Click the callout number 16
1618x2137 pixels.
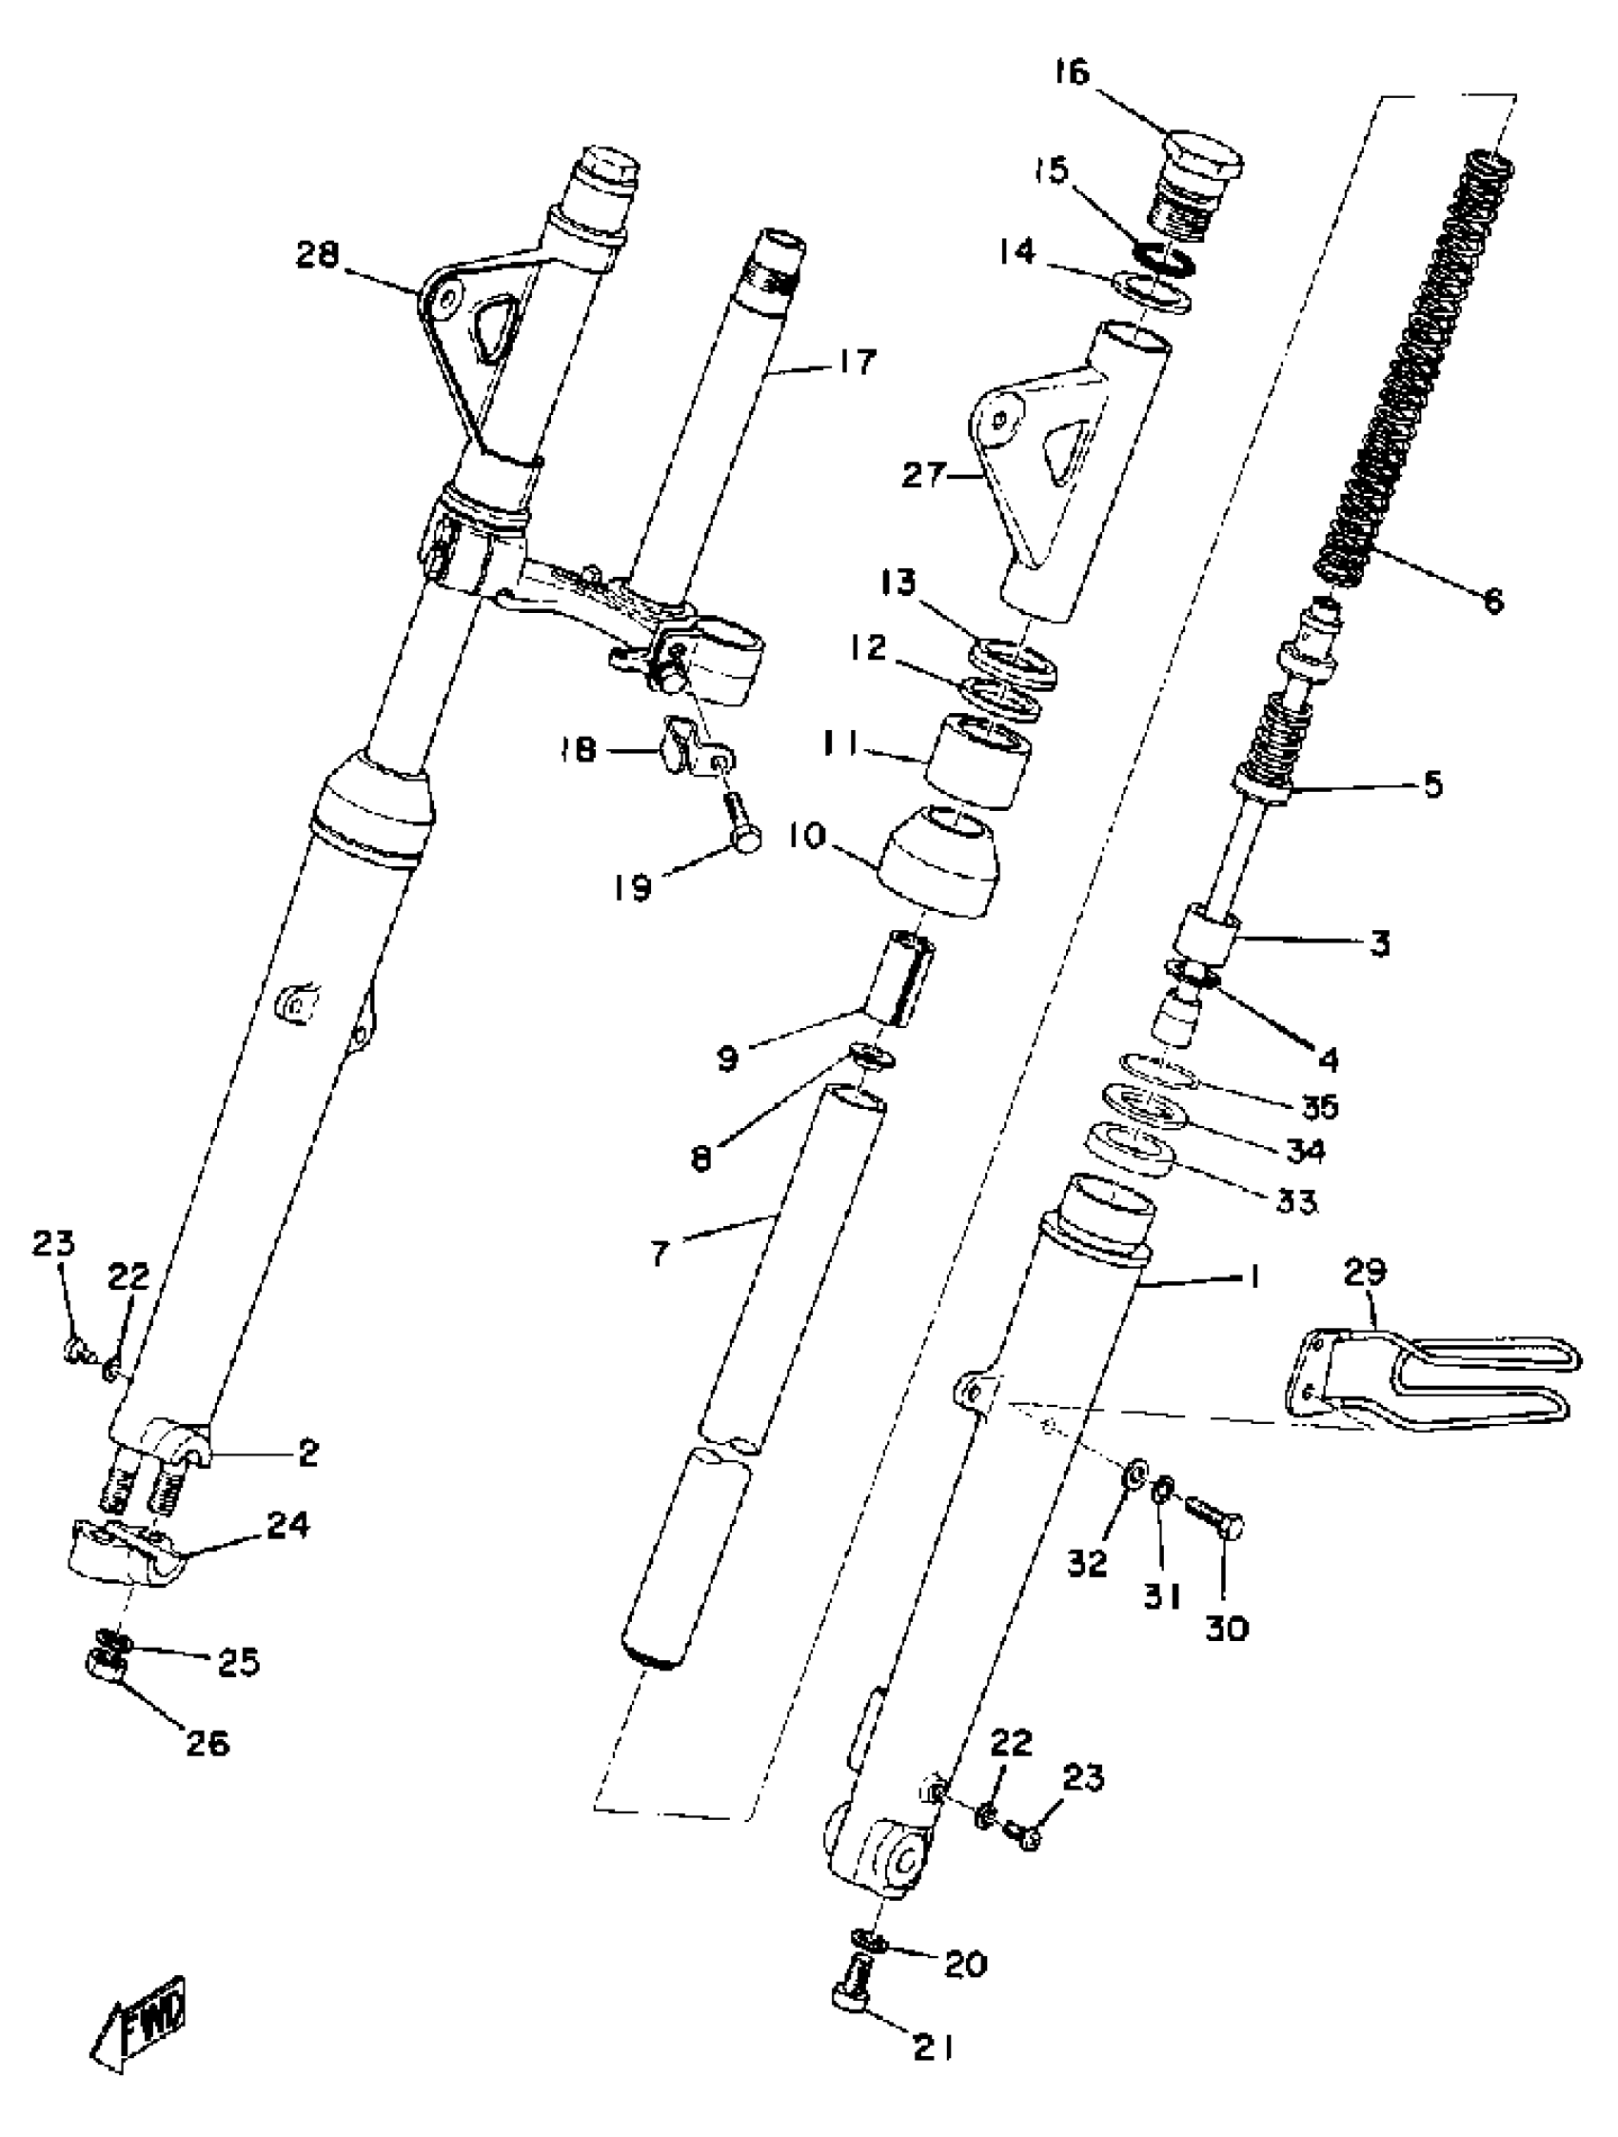(1073, 72)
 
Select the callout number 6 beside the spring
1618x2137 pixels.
(1493, 601)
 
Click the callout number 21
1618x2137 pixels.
(933, 2071)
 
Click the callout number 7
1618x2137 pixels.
(660, 1255)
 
